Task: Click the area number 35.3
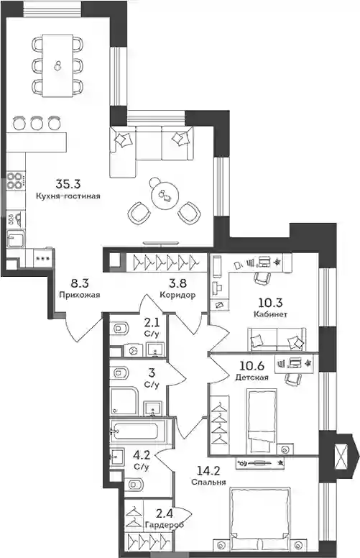[x=68, y=184]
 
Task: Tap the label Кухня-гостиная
[x=68, y=196]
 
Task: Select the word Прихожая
[x=80, y=295]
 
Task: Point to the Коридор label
[x=177, y=295]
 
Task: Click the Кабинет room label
[x=271, y=314]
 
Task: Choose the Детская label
[x=252, y=378]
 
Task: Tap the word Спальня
[x=208, y=482]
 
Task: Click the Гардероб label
[x=165, y=524]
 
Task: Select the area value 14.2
[x=208, y=471]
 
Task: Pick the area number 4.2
[x=142, y=455]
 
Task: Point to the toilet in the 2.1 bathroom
[x=120, y=327]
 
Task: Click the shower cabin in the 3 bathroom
[x=124, y=401]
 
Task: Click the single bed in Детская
[x=262, y=421]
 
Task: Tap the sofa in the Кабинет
[x=277, y=339]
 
